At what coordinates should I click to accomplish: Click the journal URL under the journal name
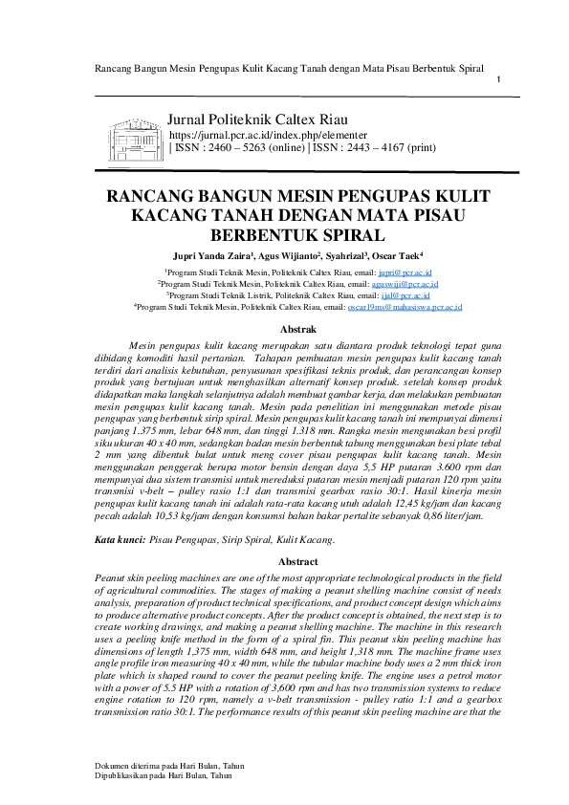[253, 136]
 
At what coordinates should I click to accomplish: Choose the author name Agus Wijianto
[283, 256]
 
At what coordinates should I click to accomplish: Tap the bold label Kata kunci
[120, 540]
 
